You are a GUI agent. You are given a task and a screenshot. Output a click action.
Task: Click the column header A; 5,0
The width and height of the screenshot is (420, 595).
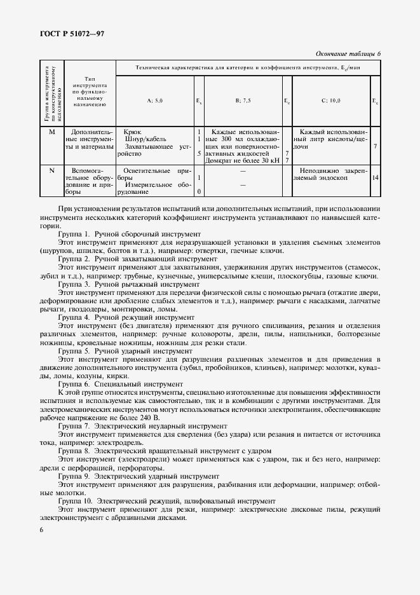pyautogui.click(x=154, y=100)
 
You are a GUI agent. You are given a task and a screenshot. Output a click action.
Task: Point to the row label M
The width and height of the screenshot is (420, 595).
pyautogui.click(x=52, y=132)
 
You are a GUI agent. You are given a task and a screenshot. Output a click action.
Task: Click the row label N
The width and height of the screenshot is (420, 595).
pyautogui.click(x=52, y=170)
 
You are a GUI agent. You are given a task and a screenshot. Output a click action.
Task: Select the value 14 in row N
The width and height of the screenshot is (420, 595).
pyautogui.click(x=376, y=177)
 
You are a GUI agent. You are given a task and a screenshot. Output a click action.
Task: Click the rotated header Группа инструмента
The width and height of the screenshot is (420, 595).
pyautogui.click(x=48, y=93)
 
